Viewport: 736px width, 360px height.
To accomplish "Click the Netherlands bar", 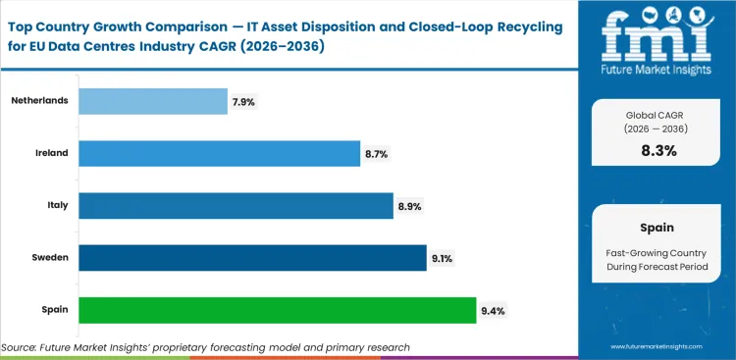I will pos(152,101).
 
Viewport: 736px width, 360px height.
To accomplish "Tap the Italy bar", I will pos(236,205).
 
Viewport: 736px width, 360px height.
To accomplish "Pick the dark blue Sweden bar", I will pos(251,257).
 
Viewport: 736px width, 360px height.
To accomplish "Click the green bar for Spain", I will pos(277,310).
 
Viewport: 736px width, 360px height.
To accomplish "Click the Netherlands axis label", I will pos(37,101).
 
